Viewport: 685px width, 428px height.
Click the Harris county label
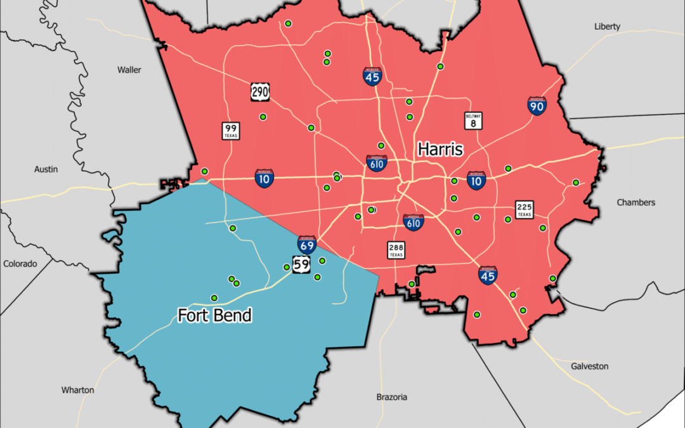[440, 150]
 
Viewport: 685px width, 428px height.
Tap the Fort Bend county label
[214, 315]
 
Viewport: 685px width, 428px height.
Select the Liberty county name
[607, 27]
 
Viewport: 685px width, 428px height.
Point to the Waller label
[129, 70]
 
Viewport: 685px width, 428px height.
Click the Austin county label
[46, 169]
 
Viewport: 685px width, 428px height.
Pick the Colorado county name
[20, 263]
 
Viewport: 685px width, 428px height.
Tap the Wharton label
[77, 390]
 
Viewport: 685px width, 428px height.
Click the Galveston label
[589, 366]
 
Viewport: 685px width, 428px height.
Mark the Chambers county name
[636, 202]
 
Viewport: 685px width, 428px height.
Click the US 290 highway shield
[260, 93]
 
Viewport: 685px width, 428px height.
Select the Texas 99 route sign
[230, 131]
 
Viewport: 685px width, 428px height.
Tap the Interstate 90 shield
[537, 106]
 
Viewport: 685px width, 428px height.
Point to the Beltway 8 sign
[473, 120]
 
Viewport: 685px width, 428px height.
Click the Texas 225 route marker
[524, 209]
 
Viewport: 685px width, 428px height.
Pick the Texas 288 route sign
[396, 250]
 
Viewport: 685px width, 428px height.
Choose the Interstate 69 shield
[307, 245]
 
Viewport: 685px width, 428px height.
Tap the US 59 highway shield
[301, 264]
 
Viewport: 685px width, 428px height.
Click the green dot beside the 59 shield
[287, 268]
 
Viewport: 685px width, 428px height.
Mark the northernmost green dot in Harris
[288, 23]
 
